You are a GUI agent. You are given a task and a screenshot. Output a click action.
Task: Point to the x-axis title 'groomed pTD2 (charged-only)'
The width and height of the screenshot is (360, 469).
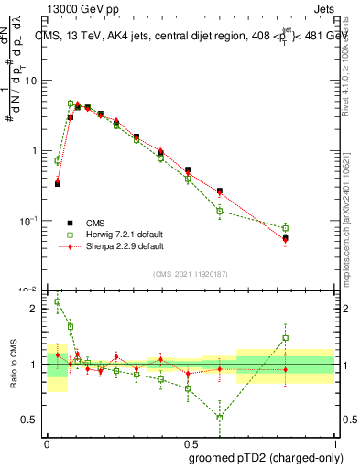coord(266,457)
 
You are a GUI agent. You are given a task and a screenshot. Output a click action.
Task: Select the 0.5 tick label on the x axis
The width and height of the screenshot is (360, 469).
coord(189,441)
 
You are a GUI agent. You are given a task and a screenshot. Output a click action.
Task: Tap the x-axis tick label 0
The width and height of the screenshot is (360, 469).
coord(47,441)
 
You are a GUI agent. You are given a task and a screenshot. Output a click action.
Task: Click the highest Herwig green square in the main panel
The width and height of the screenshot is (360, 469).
coord(71,104)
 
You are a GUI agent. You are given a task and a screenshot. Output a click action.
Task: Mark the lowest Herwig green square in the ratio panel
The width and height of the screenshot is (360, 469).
coord(220,418)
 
